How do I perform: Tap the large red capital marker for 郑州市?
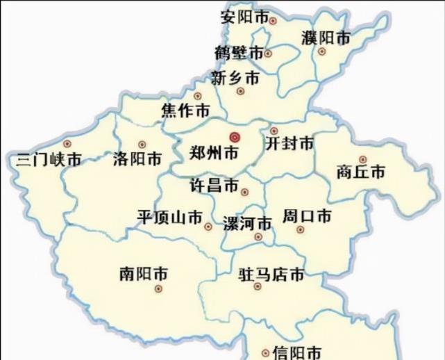click(x=235, y=136)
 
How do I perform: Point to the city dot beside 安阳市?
click(x=273, y=20)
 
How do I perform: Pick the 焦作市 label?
click(x=185, y=111)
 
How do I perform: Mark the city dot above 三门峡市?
click(x=67, y=144)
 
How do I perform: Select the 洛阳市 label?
click(x=137, y=159)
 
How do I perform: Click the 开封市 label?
click(x=289, y=145)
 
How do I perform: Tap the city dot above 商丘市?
click(x=362, y=159)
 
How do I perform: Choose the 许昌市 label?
click(x=214, y=186)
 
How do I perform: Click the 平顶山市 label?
click(x=169, y=216)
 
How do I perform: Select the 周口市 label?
click(x=306, y=215)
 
